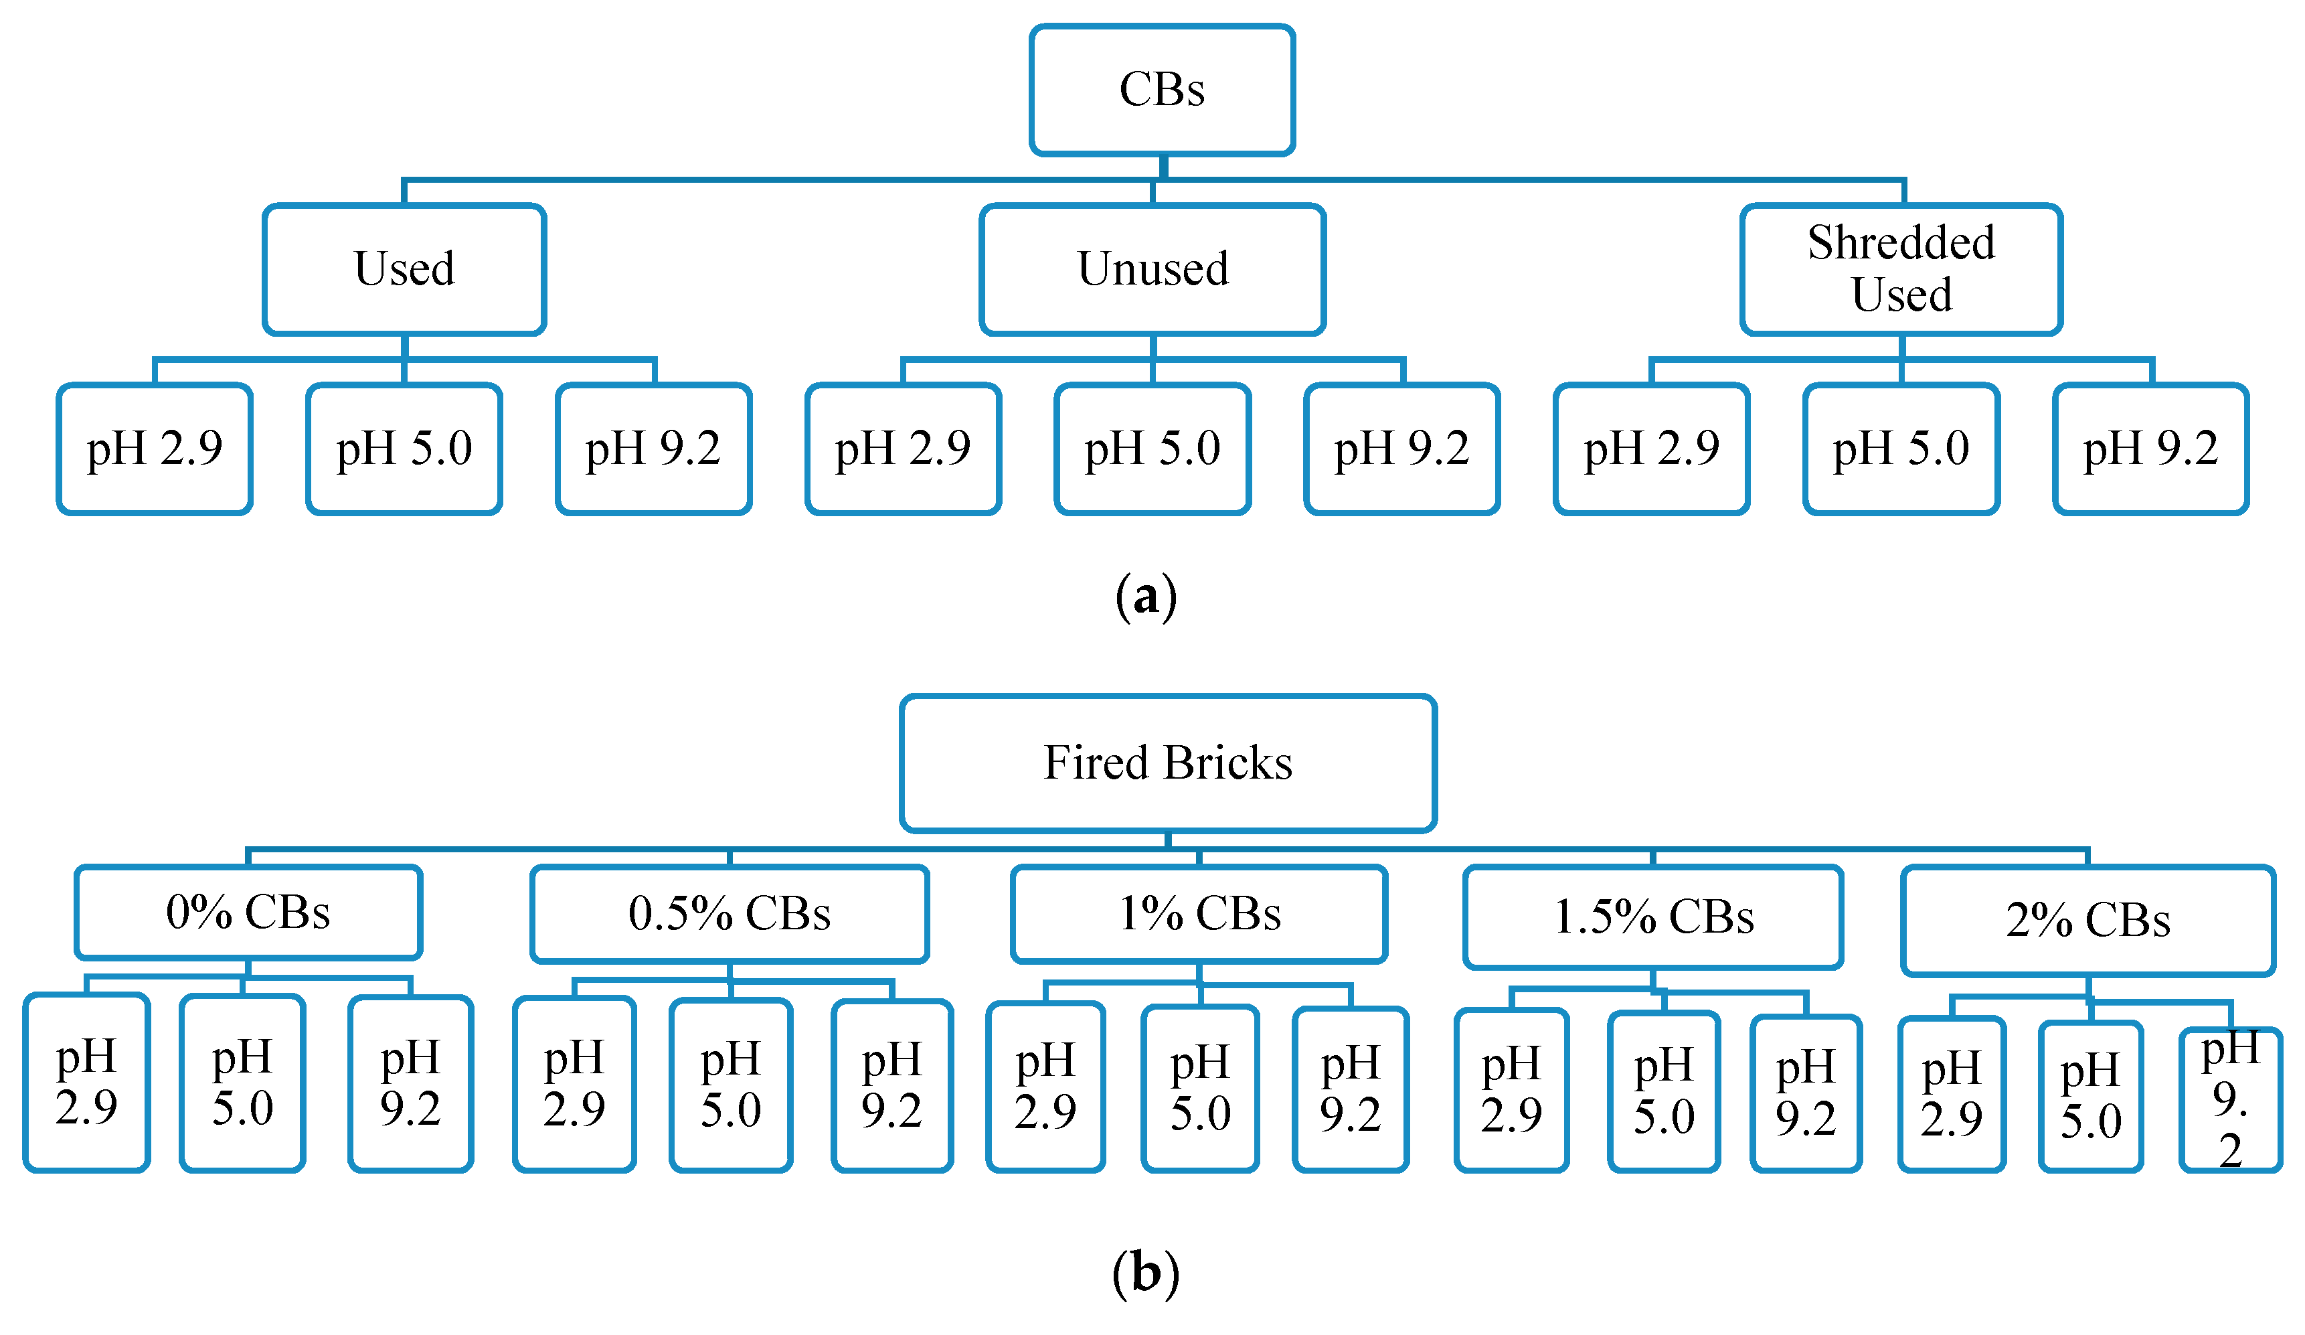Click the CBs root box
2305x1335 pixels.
coord(1162,90)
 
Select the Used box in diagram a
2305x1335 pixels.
coord(404,269)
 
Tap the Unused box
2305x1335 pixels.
coord(1152,269)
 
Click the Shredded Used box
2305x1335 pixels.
coord(1901,269)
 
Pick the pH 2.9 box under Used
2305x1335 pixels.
coord(155,449)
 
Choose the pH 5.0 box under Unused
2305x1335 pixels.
coord(1152,449)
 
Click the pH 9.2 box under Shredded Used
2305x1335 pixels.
coord(2150,449)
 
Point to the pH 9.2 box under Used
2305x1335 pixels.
coord(653,449)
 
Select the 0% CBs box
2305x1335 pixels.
coord(248,913)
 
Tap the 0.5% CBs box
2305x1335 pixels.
coord(729,914)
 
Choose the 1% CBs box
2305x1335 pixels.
coord(1199,914)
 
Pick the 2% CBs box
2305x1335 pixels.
coord(2087,921)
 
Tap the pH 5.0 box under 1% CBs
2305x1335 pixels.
coord(1200,1088)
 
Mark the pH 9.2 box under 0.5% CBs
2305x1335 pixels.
coord(891,1086)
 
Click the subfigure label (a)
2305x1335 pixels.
coord(1145,597)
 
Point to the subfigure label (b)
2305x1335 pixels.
coord(1145,1273)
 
